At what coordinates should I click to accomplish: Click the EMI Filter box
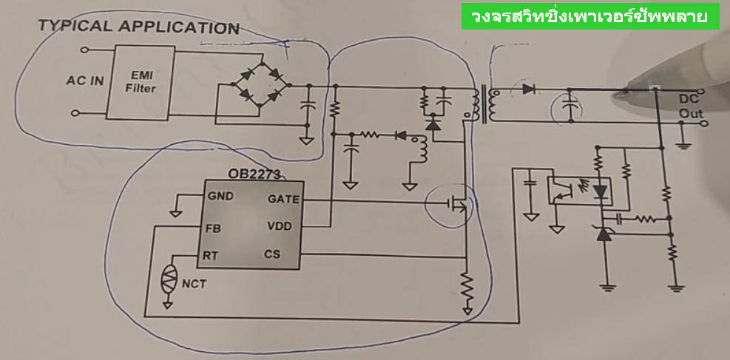tap(141, 82)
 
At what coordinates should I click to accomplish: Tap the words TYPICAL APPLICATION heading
tap(138, 28)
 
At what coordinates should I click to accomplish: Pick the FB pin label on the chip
tap(212, 228)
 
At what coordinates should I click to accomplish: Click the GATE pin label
tap(283, 199)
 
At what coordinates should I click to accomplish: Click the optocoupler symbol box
tap(578, 189)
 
